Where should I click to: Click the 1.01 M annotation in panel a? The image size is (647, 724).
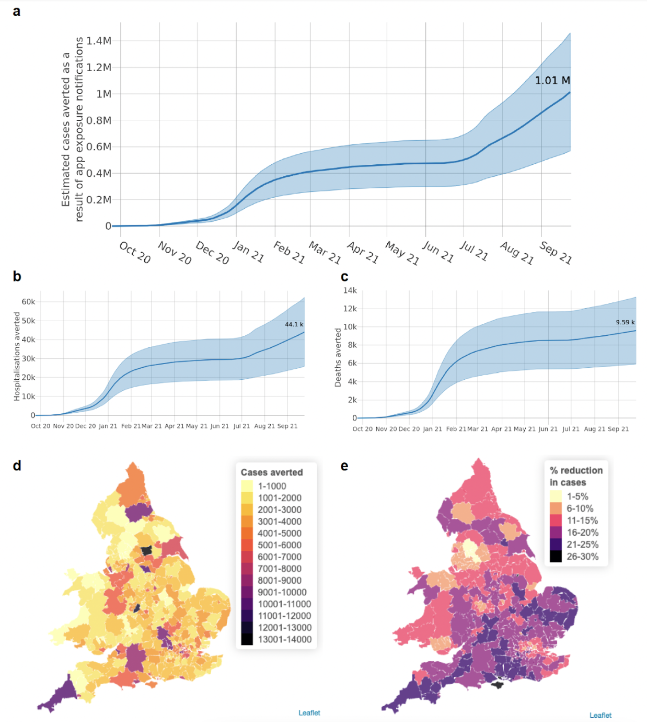pos(552,81)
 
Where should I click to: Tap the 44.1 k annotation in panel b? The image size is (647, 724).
pos(294,324)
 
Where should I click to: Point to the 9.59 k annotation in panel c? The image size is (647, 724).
pos(625,322)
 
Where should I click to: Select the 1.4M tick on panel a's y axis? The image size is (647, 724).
pos(99,41)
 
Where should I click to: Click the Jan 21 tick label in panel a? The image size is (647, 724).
pos(248,252)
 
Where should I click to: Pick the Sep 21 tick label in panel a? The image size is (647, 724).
pos(556,253)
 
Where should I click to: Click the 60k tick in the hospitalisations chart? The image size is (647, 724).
pos(28,302)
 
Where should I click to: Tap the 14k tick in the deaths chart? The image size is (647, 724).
pos(350,290)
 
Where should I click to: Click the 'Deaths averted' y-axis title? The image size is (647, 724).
pos(338,358)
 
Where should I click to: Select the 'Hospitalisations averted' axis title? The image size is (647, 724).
pos(17,357)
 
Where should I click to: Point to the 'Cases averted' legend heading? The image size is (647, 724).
pos(272,472)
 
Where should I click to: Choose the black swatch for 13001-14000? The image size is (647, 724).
pos(247,639)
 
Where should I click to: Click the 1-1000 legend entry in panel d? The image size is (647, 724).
pos(272,486)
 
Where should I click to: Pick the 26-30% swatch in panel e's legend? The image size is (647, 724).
pos(556,557)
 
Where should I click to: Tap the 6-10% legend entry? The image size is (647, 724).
pos(580,508)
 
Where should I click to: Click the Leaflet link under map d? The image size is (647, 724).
pos(309,712)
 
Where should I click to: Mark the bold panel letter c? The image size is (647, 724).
pos(344,277)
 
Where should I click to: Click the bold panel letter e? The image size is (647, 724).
pos(344,466)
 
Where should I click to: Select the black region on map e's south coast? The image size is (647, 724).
pos(498,683)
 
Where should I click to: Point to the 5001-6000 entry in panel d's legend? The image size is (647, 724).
pos(279,545)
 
